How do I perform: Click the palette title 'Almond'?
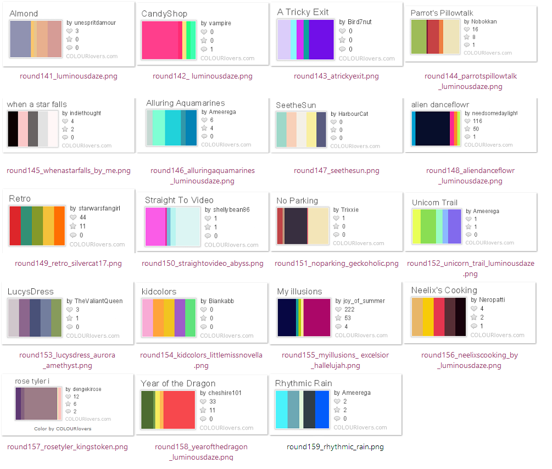point(24,13)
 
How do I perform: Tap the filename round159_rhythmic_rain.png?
point(335,447)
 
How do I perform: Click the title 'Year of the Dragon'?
point(178,383)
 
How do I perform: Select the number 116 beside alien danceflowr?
point(477,121)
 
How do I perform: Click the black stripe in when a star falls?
point(13,129)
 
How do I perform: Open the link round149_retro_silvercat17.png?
point(68,264)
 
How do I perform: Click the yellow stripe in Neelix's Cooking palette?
point(428,316)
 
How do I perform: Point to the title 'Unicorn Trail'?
point(434,203)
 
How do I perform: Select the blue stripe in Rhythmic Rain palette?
point(322,409)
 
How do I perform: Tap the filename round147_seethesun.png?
point(336,171)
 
